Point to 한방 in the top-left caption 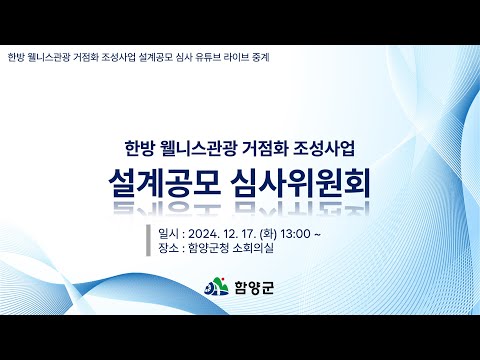pyautogui.click(x=15, y=56)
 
